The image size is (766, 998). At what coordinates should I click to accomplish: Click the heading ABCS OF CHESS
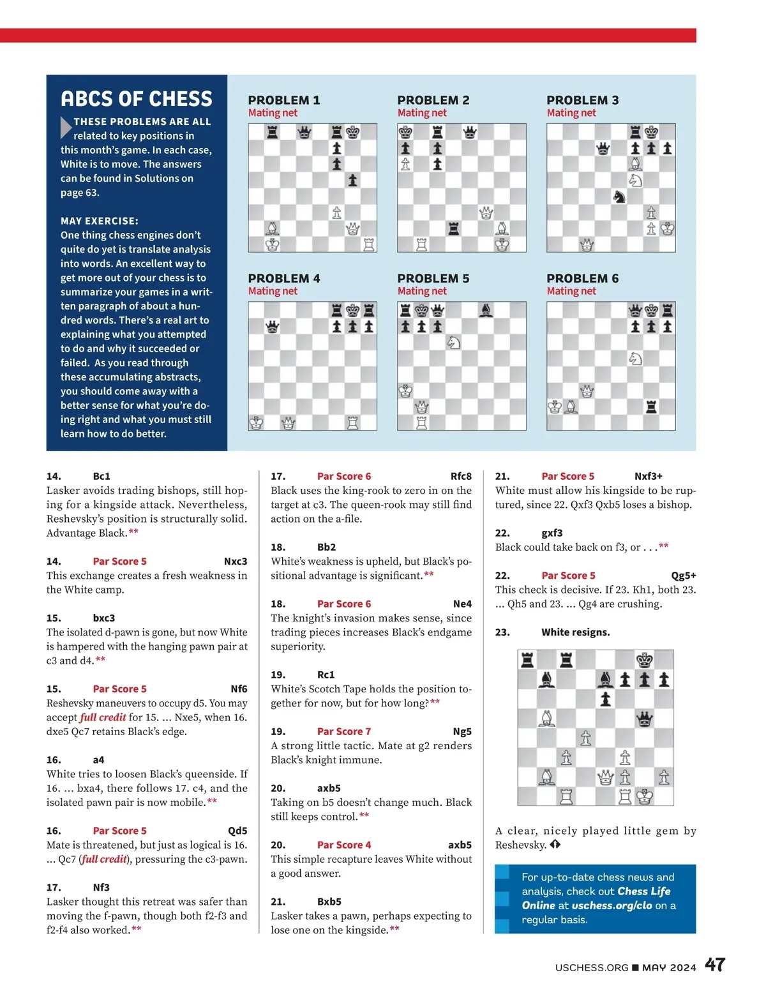[x=137, y=99]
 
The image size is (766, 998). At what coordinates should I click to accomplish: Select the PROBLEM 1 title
[x=284, y=100]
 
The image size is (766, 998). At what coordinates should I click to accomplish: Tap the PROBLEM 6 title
[x=582, y=278]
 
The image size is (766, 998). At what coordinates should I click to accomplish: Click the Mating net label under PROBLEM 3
[x=571, y=113]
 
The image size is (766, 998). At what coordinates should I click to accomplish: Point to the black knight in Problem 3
[x=619, y=197]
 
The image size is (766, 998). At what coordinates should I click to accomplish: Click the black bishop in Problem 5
[x=486, y=310]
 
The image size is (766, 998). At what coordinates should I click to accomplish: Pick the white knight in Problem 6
[x=635, y=359]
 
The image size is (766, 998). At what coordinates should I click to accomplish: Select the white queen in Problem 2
[x=486, y=212]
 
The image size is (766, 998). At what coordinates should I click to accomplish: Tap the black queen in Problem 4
[x=273, y=327]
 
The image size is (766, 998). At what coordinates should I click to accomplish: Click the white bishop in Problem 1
[x=273, y=228]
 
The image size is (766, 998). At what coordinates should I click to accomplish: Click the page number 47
[x=715, y=964]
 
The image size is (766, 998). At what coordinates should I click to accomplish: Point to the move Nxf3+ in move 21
[x=648, y=476]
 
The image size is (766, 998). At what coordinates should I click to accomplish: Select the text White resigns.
[x=575, y=632]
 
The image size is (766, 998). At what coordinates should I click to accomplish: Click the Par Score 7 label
[x=343, y=731]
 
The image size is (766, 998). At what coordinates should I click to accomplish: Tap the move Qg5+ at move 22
[x=683, y=576]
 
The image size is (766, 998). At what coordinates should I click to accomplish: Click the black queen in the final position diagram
[x=645, y=719]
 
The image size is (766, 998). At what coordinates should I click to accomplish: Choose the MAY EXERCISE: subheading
[x=100, y=221]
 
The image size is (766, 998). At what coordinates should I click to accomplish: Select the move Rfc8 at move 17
[x=461, y=476]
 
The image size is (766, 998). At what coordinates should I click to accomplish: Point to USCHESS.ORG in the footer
[x=592, y=967]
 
